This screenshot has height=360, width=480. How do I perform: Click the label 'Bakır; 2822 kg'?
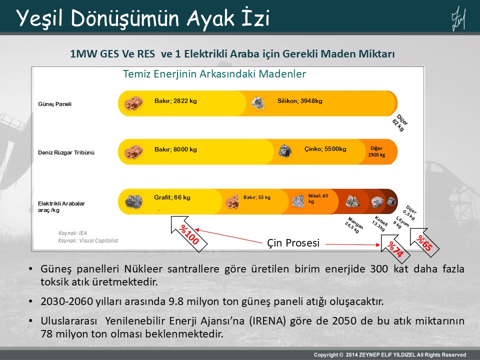(175, 101)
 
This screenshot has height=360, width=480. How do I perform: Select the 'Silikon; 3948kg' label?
(300, 101)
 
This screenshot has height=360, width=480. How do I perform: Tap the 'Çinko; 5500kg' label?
(325, 149)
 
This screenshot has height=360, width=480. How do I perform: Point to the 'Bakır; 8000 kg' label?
(175, 149)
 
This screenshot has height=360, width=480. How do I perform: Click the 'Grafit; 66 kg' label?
(172, 197)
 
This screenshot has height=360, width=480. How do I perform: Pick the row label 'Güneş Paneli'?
(55, 104)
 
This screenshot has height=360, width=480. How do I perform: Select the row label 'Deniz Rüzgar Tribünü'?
(66, 152)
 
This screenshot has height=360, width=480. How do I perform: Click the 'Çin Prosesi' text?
(292, 243)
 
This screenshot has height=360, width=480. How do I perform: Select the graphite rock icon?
(133, 201)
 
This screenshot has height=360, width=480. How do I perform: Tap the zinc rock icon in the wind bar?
(285, 150)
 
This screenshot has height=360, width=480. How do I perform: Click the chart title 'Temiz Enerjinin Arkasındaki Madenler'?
(214, 74)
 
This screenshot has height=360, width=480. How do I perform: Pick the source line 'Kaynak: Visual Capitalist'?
(88, 240)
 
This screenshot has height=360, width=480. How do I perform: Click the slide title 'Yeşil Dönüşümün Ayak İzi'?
(143, 18)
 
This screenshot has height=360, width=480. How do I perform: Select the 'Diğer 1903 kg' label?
(376, 151)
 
